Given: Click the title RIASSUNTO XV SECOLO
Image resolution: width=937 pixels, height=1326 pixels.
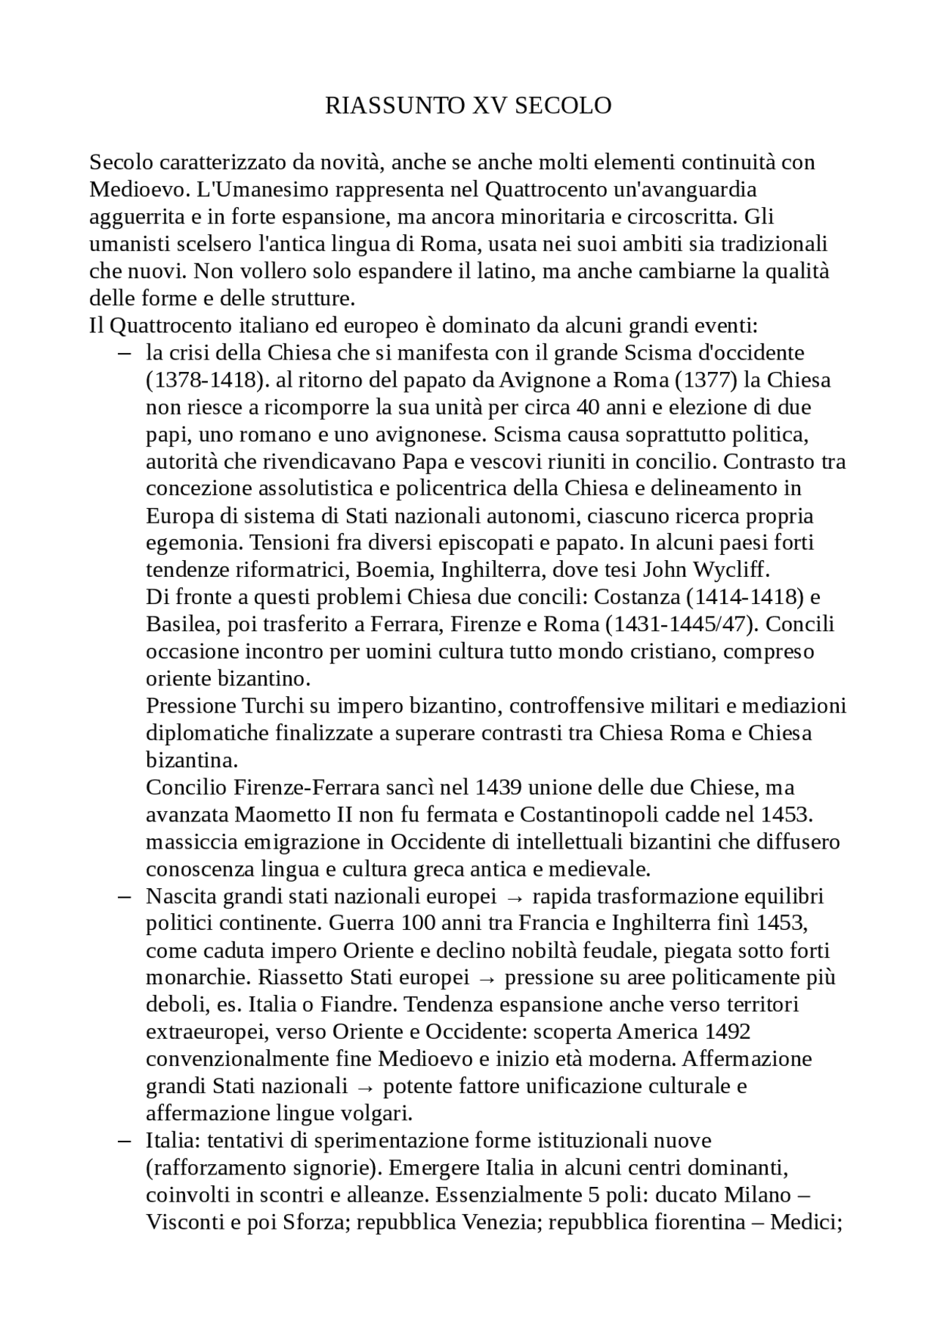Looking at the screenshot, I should coord(468,106).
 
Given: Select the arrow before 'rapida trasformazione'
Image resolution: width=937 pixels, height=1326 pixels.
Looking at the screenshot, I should coord(515,897).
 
